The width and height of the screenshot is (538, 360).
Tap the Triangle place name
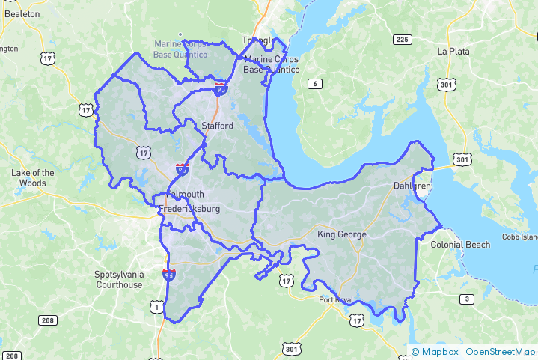[x=258, y=40]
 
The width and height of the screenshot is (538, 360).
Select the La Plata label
[x=453, y=52]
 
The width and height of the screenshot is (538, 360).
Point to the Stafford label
[x=218, y=126]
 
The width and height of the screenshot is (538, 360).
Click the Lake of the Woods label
[x=33, y=177]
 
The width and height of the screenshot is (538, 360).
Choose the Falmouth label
[x=184, y=195]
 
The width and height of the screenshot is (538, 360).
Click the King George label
[x=342, y=234]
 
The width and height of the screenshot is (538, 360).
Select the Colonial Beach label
[x=460, y=245]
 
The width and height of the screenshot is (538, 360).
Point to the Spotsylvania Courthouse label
[x=118, y=279]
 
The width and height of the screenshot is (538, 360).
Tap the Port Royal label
[x=334, y=300]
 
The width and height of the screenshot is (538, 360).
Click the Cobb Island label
[x=520, y=237]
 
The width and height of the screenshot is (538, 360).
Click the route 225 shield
[x=402, y=39]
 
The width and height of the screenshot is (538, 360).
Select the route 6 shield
[x=316, y=83]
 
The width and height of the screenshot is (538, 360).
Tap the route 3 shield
[x=466, y=299]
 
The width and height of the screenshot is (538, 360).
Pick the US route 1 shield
[x=156, y=307]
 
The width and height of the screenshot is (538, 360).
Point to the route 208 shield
[x=47, y=320]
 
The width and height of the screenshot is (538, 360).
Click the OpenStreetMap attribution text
[x=501, y=352]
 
